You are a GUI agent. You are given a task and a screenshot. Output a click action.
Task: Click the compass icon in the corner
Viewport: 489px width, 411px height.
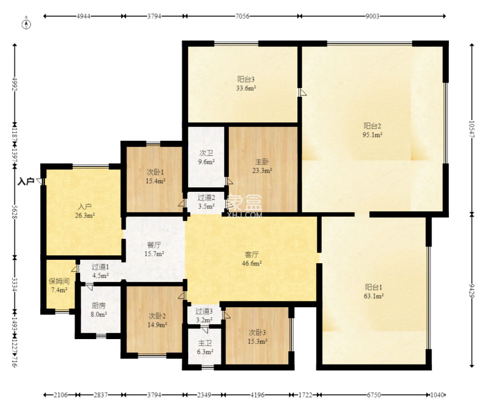[26, 24]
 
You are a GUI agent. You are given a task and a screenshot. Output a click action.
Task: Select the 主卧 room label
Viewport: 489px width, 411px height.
[262, 161]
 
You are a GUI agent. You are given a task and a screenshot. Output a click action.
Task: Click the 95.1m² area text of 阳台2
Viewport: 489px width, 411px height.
[372, 135]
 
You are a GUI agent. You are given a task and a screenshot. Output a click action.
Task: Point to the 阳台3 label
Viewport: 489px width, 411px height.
[246, 79]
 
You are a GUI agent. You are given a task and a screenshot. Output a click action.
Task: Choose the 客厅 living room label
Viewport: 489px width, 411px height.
[252, 254]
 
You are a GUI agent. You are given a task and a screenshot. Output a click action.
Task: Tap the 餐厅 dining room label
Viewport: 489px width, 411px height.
[154, 245]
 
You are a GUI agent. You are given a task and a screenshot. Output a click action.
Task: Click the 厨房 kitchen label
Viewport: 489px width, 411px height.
[99, 306]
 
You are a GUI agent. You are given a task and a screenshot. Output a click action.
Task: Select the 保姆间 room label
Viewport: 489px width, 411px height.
[59, 281]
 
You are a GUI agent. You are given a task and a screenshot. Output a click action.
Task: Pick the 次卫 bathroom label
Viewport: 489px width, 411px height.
[206, 153]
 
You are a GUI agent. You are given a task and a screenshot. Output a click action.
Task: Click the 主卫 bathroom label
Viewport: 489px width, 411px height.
[205, 343]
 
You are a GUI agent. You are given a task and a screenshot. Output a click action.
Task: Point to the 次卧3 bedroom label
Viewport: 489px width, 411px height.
[257, 333]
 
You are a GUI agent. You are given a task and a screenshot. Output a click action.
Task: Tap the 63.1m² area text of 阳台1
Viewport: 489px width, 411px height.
[374, 296]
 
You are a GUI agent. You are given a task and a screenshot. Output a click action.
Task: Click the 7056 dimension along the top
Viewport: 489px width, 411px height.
[242, 16]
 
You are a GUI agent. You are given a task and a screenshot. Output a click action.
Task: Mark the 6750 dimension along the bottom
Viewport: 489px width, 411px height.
[374, 395]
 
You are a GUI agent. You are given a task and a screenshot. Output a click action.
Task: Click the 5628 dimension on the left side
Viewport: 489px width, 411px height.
[14, 212]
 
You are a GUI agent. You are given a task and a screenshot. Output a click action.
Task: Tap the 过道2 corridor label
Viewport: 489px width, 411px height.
[206, 198]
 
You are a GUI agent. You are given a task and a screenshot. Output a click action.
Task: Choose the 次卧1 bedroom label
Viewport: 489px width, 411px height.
[156, 172]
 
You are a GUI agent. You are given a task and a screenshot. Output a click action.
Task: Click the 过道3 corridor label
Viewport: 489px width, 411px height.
[204, 311]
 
